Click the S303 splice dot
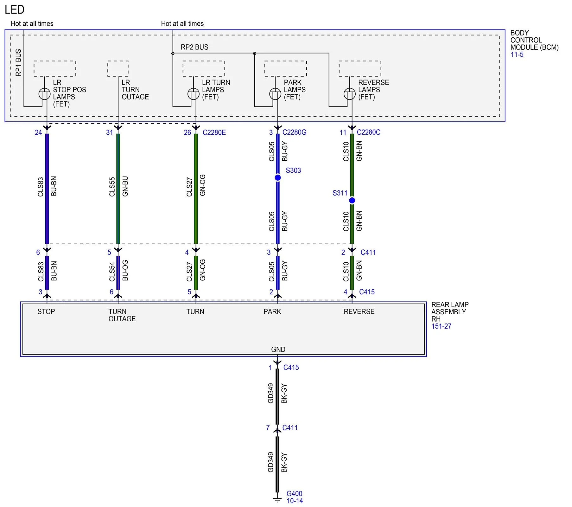pyautogui.click(x=278, y=178)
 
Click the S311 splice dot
pyautogui.click(x=352, y=200)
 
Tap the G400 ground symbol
pyautogui.click(x=277, y=499)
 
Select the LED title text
pyautogui.click(x=15, y=10)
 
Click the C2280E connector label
pyautogui.click(x=214, y=132)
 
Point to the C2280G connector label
pyautogui.click(x=294, y=132)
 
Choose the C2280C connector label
pyautogui.click(x=368, y=132)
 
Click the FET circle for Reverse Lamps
pyautogui.click(x=350, y=94)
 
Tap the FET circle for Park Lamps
pyautogui.click(x=275, y=94)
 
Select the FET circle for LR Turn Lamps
pyautogui.click(x=194, y=94)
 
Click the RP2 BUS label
pyautogui.click(x=194, y=47)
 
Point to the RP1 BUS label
pyautogui.click(x=18, y=62)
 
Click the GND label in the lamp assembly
pyautogui.click(x=278, y=350)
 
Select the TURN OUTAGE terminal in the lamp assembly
pyautogui.click(x=122, y=315)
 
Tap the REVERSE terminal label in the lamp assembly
pyautogui.click(x=359, y=311)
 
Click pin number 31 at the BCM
pyautogui.click(x=110, y=132)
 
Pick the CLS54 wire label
pyautogui.click(x=112, y=272)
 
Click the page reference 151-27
pyautogui.click(x=441, y=326)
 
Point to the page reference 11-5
pyautogui.click(x=517, y=55)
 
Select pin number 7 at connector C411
pyautogui.click(x=268, y=428)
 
